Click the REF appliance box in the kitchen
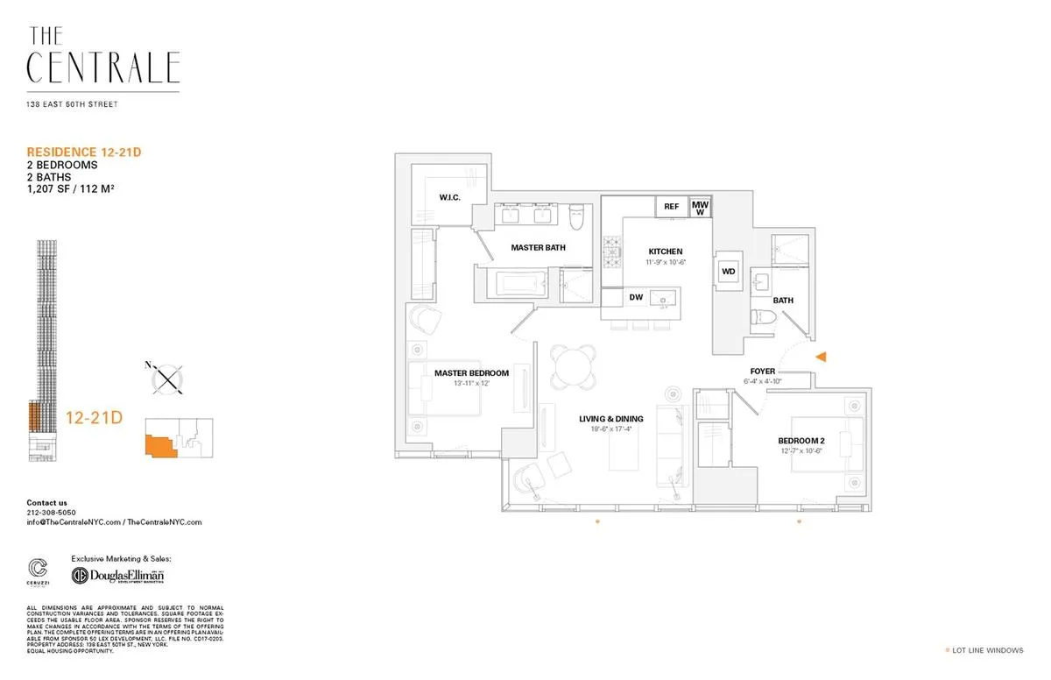tap(671, 207)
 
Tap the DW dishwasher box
tap(636, 298)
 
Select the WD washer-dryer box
tap(728, 272)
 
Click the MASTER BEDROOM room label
tap(471, 373)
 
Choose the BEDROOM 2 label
tap(801, 440)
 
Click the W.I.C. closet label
tap(450, 197)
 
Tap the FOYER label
tap(762, 372)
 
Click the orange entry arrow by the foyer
tap(821, 357)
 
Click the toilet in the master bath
tap(575, 215)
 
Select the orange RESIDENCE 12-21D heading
tap(84, 152)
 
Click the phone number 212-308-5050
tap(51, 513)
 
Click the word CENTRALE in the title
tap(103, 67)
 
